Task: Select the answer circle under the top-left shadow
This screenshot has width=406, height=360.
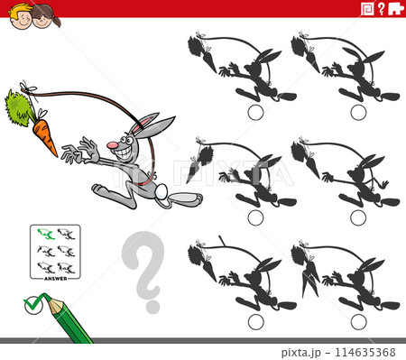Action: pyautogui.click(x=255, y=112)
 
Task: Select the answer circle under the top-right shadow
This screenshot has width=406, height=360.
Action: pyautogui.click(x=358, y=112)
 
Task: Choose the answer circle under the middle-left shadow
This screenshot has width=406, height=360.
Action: pyautogui.click(x=255, y=217)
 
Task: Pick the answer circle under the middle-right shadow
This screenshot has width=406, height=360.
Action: pyautogui.click(x=358, y=217)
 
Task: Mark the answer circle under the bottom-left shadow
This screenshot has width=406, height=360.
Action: pyautogui.click(x=255, y=321)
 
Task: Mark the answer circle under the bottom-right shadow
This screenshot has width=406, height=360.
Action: pyautogui.click(x=358, y=321)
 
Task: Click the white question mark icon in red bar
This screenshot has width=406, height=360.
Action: pyautogui.click(x=382, y=9)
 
